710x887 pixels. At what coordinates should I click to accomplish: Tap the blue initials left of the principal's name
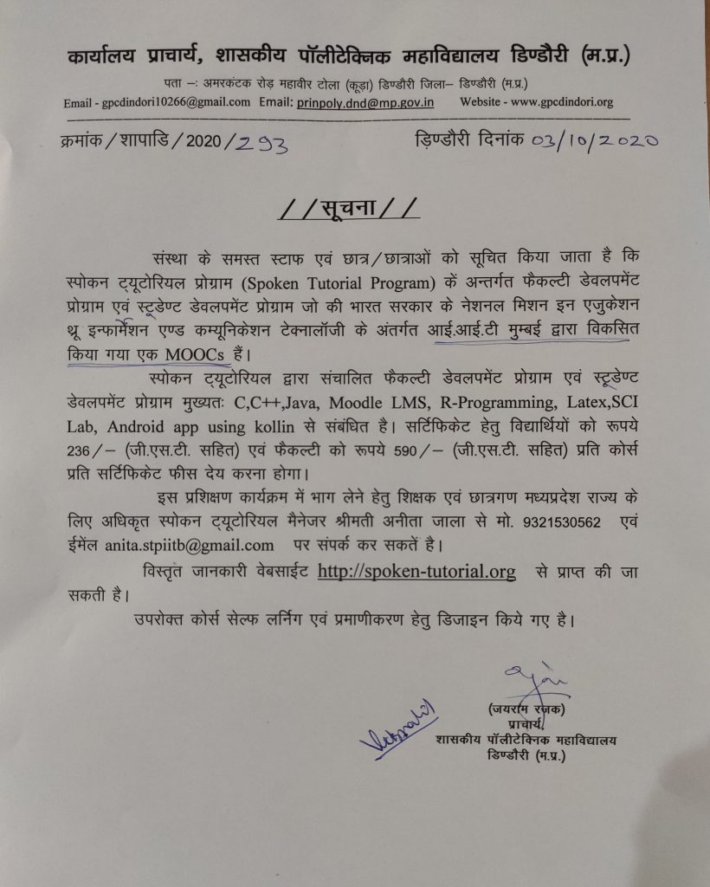point(398,728)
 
